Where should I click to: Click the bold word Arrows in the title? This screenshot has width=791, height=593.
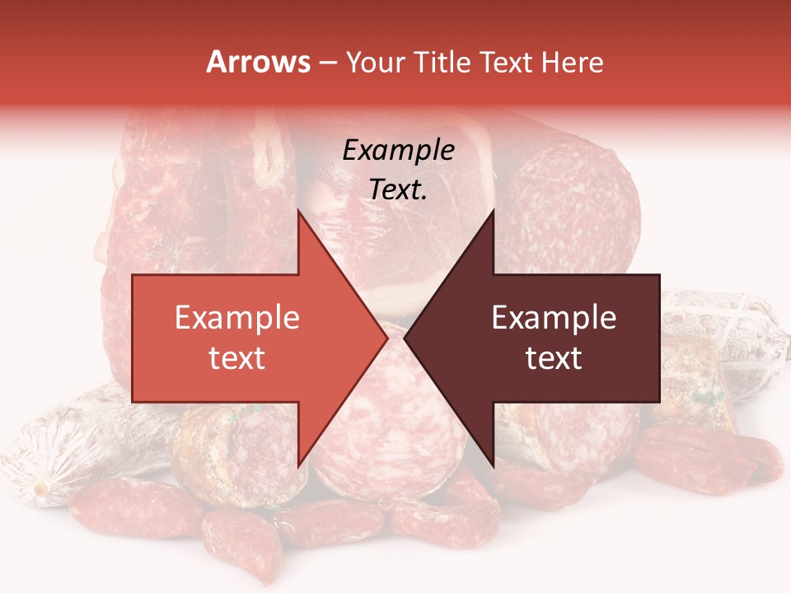pos(259,62)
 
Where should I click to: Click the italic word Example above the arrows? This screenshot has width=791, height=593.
pos(398,151)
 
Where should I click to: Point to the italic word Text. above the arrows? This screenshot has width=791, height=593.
pos(398,189)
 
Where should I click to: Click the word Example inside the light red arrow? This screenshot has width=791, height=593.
pos(237,317)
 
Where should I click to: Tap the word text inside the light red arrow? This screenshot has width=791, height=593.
pos(237,357)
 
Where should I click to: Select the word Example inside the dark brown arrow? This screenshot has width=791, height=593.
pos(554,317)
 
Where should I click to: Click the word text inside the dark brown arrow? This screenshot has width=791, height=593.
pos(554,357)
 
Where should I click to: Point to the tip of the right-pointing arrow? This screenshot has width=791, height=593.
pos(387,338)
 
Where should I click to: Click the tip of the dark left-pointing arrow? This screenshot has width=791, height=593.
pos(405,338)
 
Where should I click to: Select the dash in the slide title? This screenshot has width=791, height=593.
pos(327,63)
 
